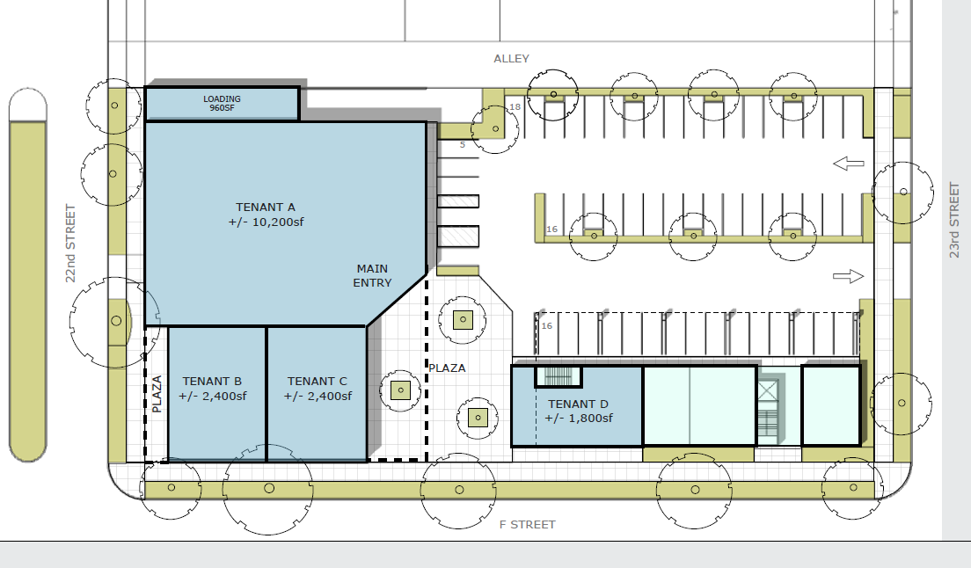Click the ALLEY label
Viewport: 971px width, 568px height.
coord(511,59)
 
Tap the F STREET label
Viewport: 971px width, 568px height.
coord(527,525)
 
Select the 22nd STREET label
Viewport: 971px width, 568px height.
coord(71,244)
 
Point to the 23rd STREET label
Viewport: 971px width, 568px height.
coord(954,220)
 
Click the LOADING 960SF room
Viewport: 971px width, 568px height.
coord(222,104)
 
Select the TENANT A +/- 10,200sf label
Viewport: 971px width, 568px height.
coord(266,215)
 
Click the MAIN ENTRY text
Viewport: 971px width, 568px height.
coord(372,276)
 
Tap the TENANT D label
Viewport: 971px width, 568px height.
coord(579,411)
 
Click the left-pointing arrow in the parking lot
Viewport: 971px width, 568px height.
coord(849,164)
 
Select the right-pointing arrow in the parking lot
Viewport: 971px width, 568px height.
coord(849,277)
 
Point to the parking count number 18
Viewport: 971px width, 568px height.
coord(515,107)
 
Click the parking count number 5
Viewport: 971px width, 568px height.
coord(462,145)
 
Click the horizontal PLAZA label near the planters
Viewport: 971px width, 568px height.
coord(446,368)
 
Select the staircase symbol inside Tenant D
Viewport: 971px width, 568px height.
coord(559,377)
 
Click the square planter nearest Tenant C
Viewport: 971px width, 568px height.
coord(401,390)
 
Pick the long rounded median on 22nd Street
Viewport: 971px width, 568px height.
coord(28,275)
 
